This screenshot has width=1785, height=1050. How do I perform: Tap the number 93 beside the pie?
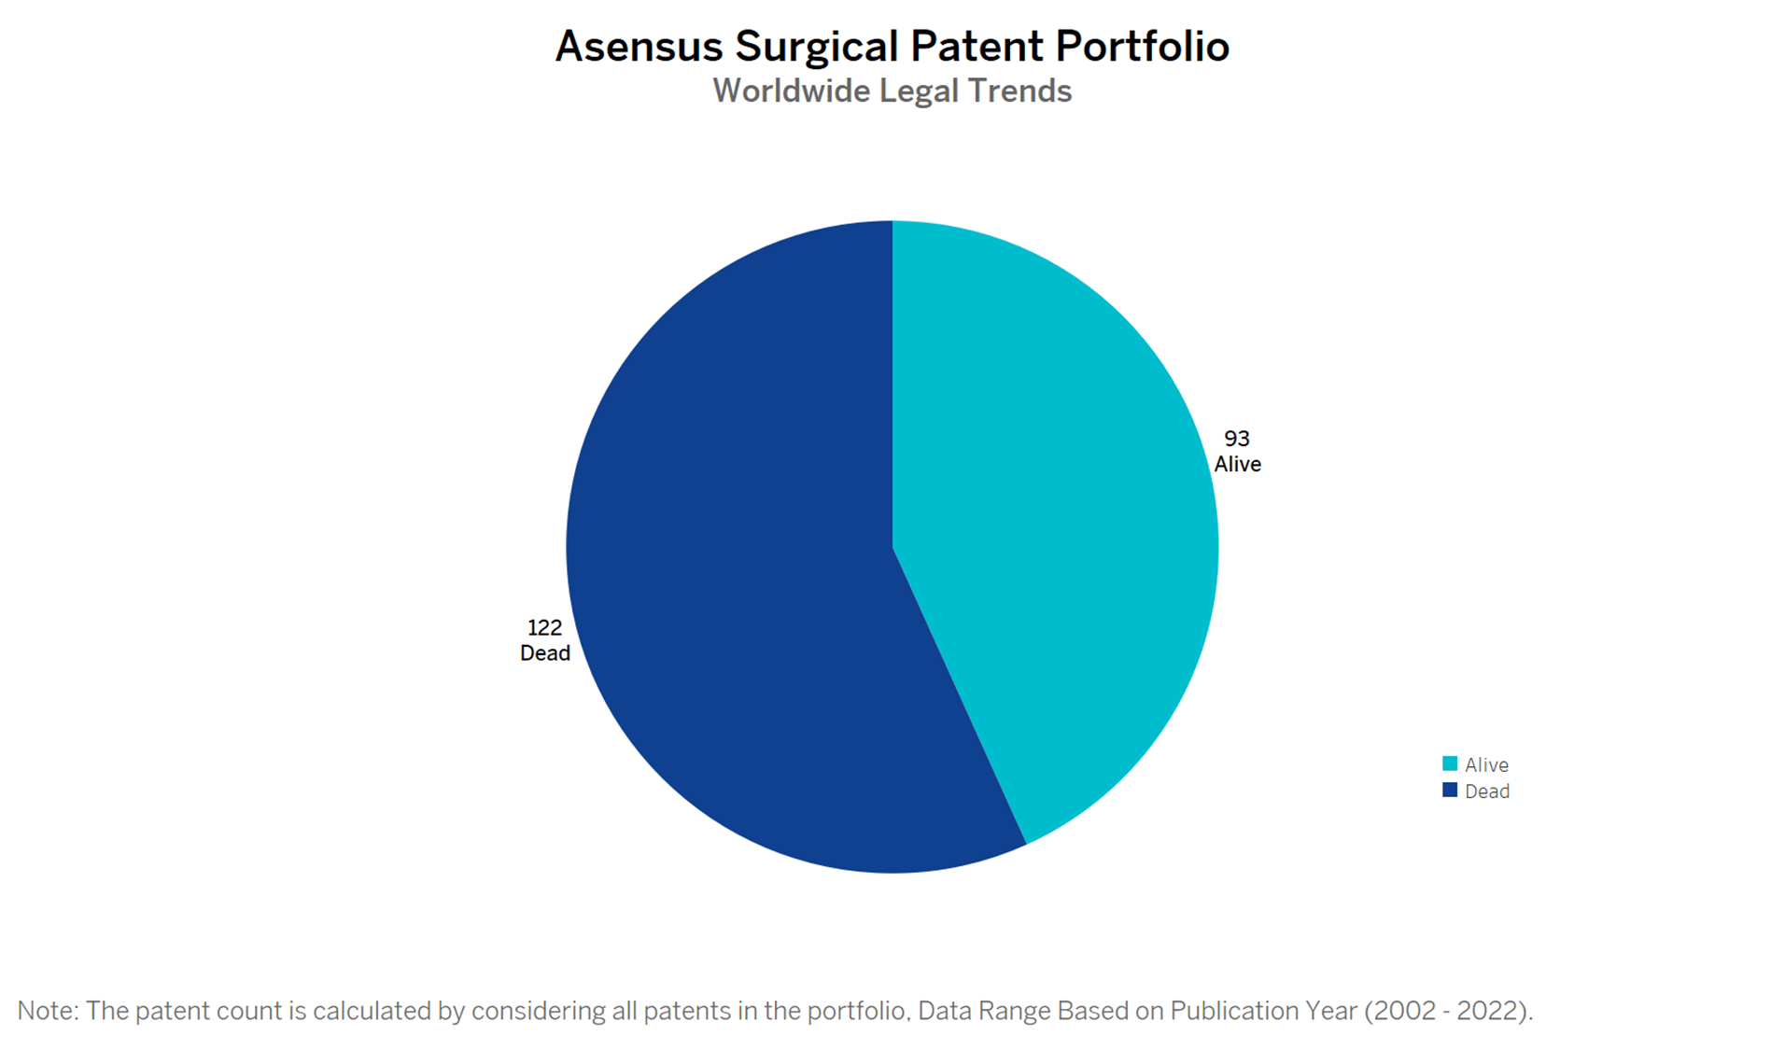[1237, 439]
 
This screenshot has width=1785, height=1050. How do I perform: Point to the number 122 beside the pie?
[545, 628]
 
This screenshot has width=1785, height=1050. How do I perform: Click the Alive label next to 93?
[1238, 465]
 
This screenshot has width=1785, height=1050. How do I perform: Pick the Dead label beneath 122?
[545, 653]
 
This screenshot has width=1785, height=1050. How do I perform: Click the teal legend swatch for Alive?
[1450, 763]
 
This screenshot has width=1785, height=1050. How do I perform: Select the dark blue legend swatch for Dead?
[1450, 790]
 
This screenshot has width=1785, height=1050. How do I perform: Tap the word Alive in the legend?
[1487, 765]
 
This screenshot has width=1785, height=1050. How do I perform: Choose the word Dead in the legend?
[1487, 791]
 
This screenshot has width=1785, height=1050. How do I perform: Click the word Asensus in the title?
[640, 47]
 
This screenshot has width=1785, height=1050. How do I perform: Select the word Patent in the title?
[977, 47]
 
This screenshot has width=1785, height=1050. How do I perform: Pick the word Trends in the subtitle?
[1019, 91]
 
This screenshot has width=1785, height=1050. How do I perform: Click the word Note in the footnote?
[48, 1011]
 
